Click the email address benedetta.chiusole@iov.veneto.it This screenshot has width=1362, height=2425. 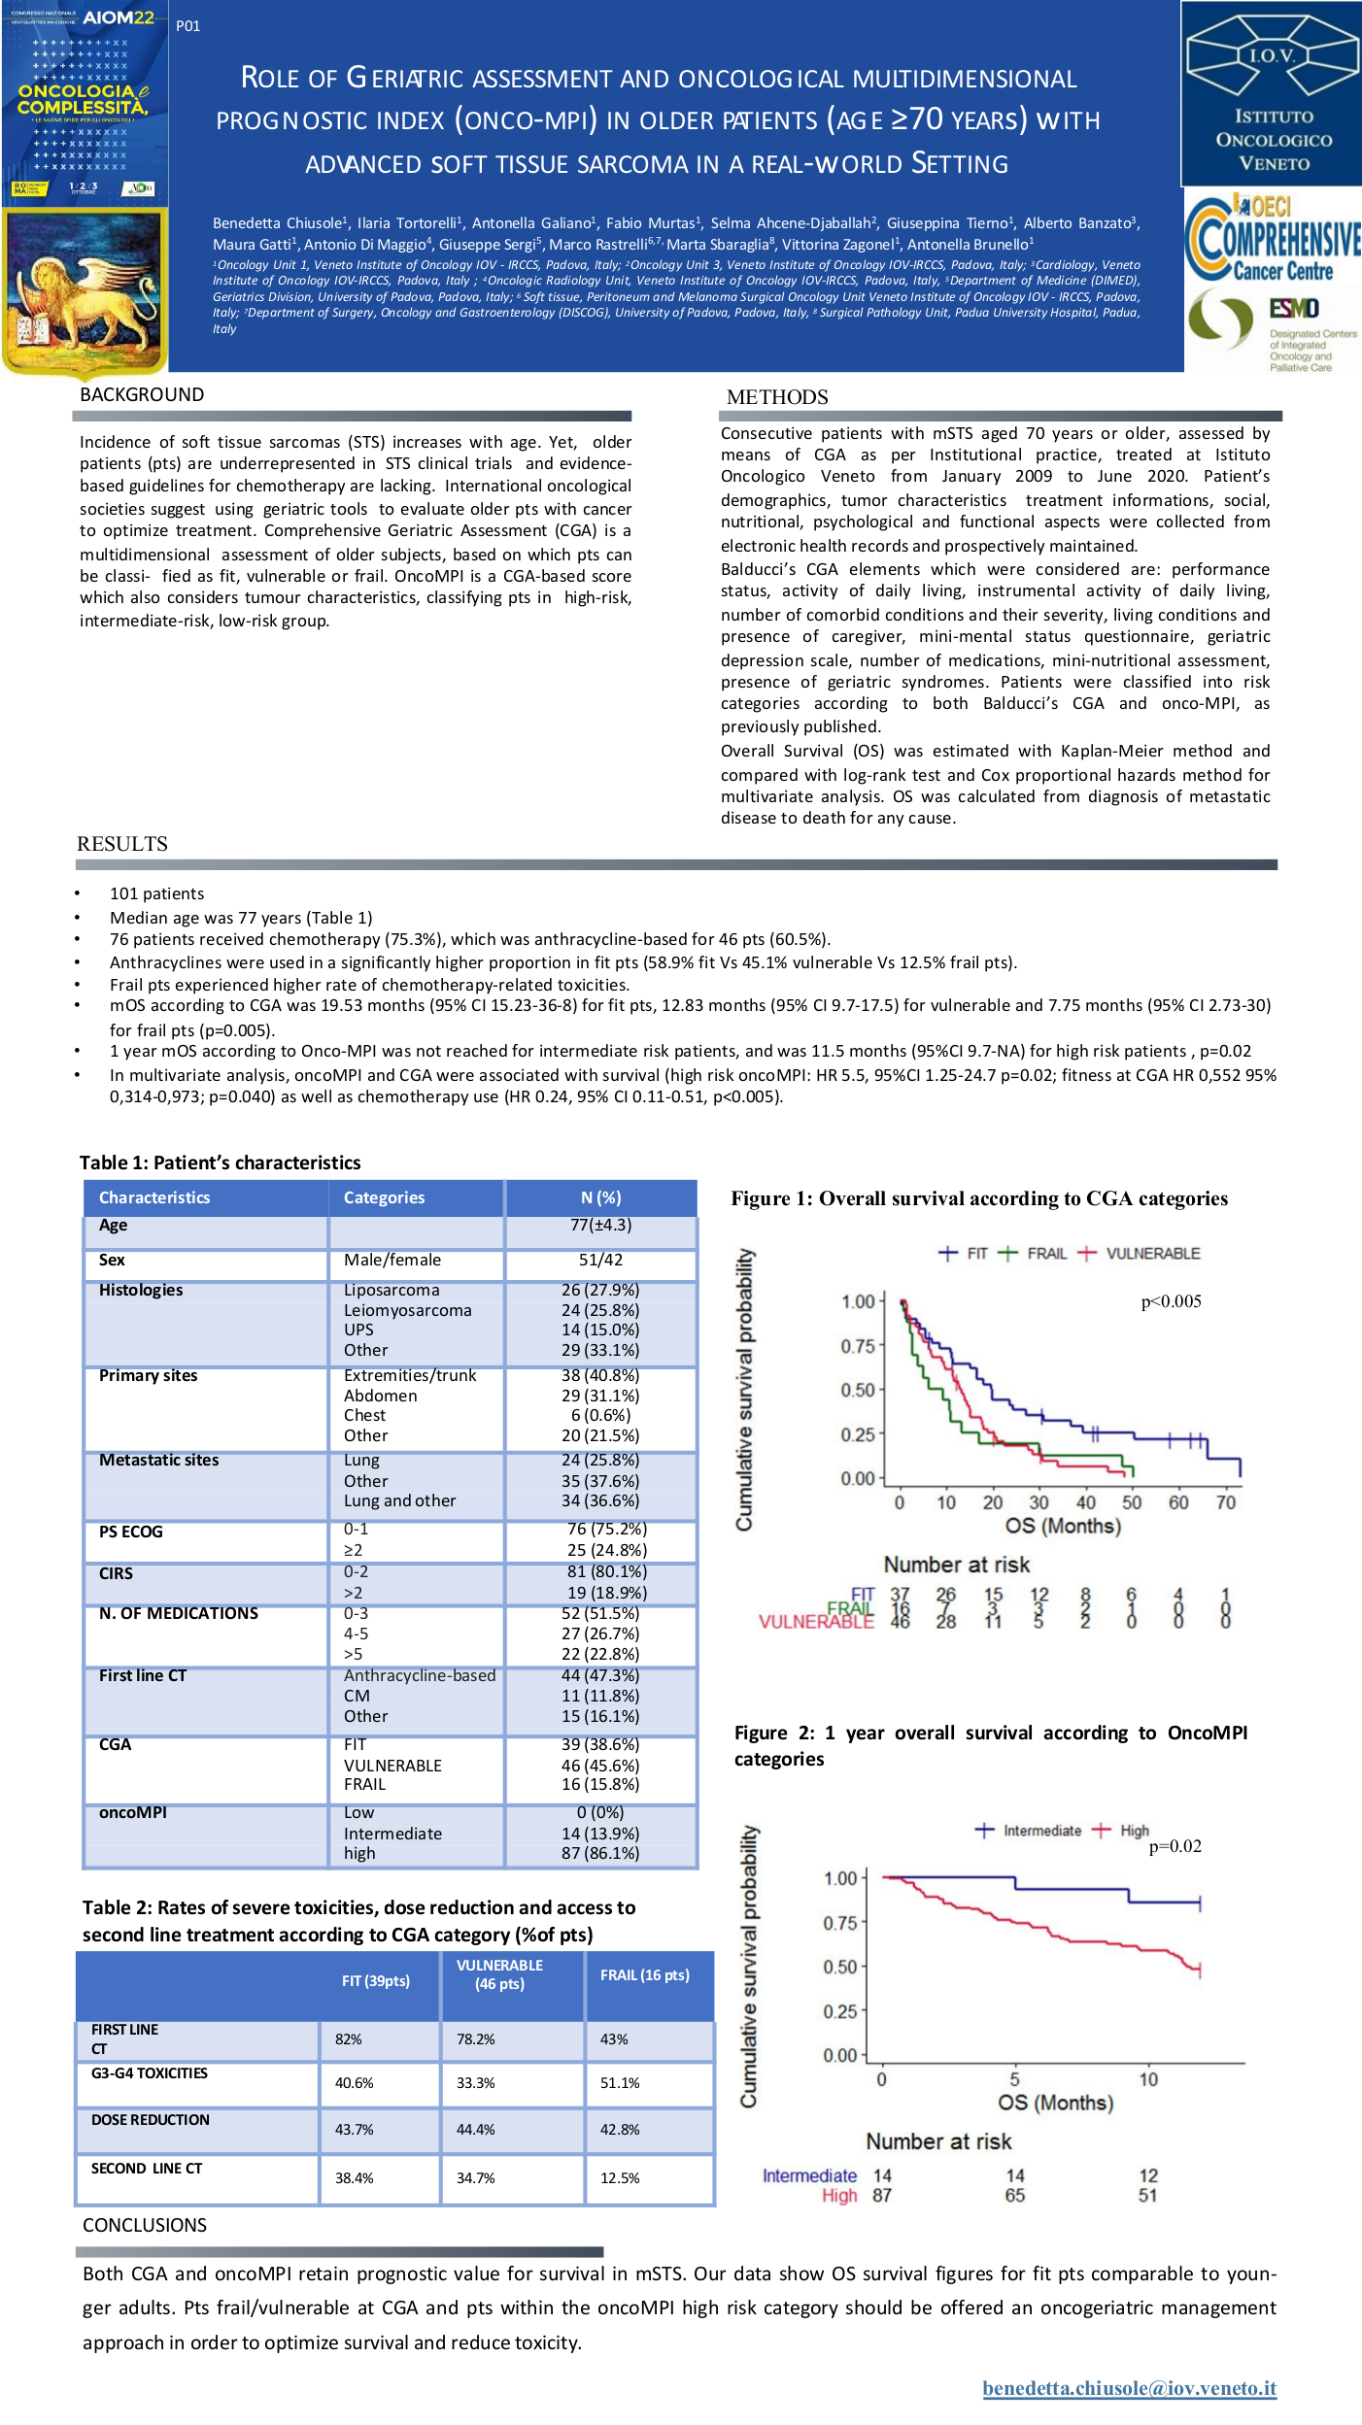tap(1129, 2388)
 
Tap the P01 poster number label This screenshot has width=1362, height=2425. tap(188, 26)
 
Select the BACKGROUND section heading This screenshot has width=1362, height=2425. tap(142, 395)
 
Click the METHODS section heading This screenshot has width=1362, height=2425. tap(777, 397)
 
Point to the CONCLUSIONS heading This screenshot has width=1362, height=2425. tap(145, 2225)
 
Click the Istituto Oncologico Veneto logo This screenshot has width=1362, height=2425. tap(1273, 93)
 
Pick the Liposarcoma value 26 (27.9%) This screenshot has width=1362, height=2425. tap(600, 1290)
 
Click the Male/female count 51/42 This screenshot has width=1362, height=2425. tap(600, 1260)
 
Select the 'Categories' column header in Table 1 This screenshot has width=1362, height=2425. tap(384, 1197)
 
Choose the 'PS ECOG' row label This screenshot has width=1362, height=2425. tap(131, 1532)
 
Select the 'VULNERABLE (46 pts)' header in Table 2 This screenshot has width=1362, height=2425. tap(499, 1974)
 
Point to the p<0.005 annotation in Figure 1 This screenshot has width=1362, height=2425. tap(1171, 1302)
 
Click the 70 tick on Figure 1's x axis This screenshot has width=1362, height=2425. tap(1226, 1502)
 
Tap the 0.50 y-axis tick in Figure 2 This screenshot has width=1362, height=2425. tap(840, 1967)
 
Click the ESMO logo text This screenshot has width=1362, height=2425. tap(1295, 309)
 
